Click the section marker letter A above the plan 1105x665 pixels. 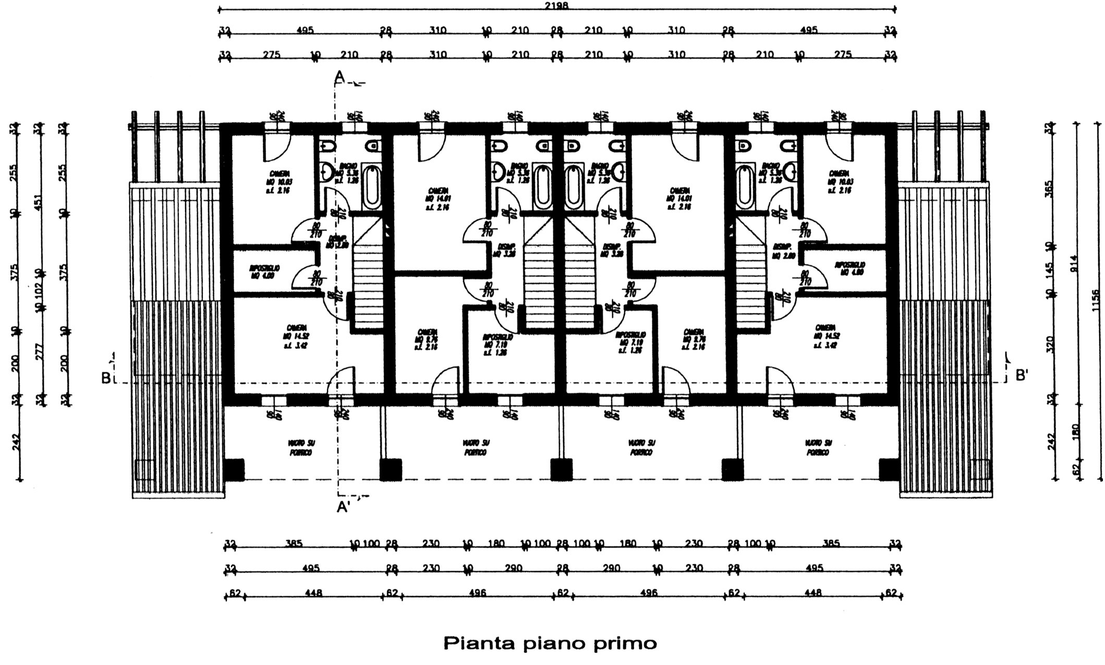pos(339,77)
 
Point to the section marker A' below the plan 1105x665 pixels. pos(343,506)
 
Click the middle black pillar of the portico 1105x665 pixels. pos(561,469)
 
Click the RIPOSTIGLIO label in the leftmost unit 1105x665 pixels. pos(265,271)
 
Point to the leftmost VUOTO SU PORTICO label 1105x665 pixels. pos(301,448)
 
